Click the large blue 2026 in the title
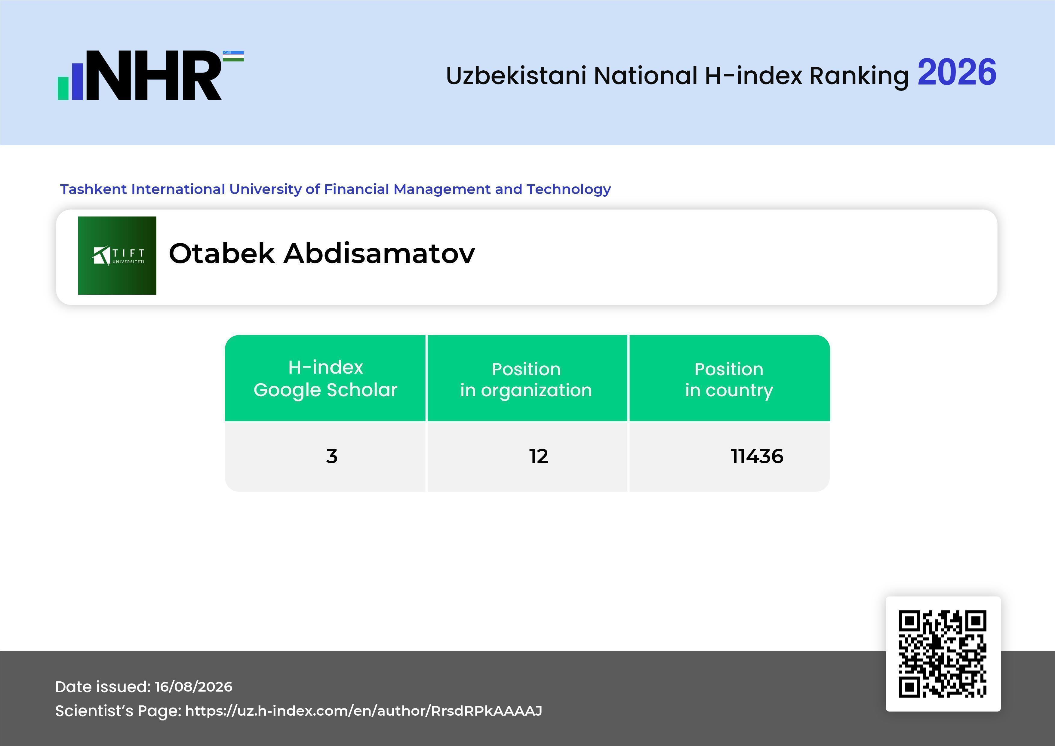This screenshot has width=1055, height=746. [957, 72]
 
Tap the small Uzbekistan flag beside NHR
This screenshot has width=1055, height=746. [233, 56]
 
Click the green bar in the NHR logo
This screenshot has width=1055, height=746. [63, 88]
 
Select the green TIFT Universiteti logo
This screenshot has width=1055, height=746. [117, 255]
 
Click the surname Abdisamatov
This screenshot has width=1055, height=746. [379, 253]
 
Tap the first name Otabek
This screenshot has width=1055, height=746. [222, 253]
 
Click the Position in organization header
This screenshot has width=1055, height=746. [526, 379]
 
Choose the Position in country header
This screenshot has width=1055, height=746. [729, 379]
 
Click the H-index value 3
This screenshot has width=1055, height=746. [332, 456]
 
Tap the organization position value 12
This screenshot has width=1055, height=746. [539, 456]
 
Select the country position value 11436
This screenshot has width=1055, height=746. [757, 456]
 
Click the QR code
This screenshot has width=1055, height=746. [943, 654]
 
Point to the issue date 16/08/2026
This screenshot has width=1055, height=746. [193, 687]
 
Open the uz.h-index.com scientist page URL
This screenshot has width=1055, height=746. [364, 711]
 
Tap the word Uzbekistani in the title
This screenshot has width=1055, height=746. [516, 75]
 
